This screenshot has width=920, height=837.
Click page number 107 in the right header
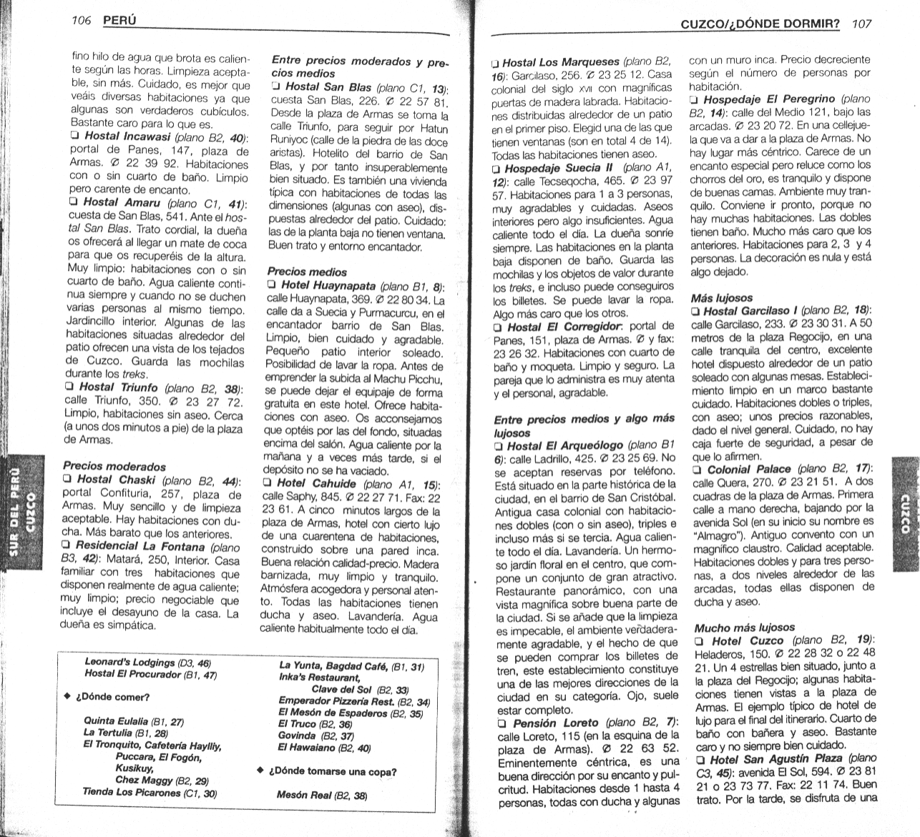point(861,24)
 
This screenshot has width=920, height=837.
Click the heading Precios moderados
point(114,467)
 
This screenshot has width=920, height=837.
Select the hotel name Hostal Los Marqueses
point(561,63)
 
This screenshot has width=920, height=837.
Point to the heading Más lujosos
point(722,297)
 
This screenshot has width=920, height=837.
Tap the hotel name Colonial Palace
point(749,470)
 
